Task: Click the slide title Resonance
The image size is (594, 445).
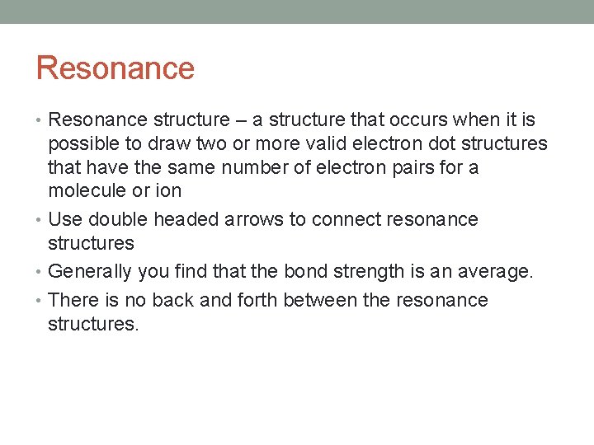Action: point(115,68)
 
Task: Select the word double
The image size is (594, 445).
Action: point(115,220)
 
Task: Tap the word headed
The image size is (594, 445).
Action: point(176,220)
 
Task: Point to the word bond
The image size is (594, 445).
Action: point(305,272)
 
